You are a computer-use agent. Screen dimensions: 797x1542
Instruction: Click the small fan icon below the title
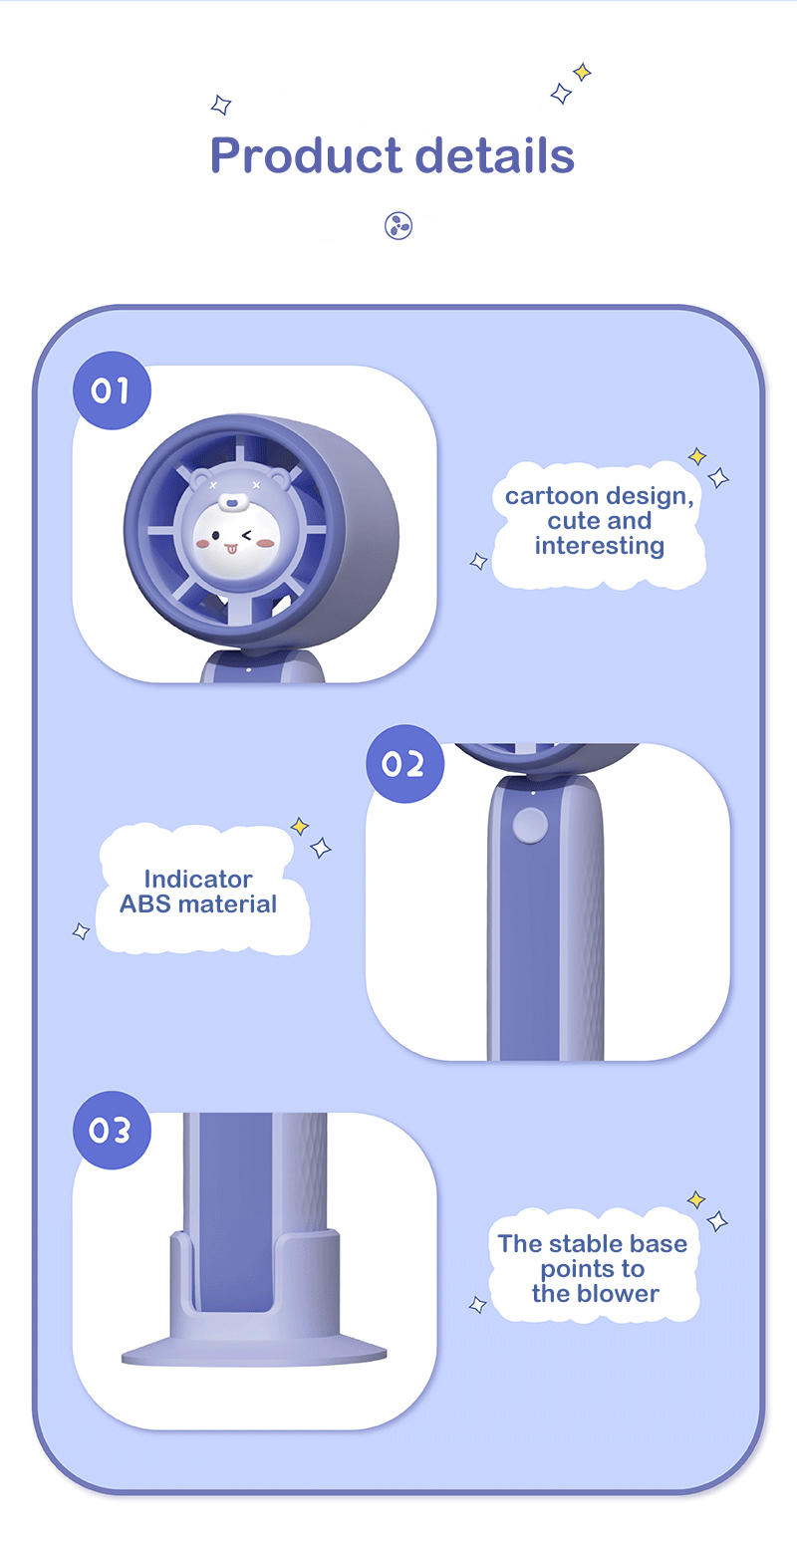tap(398, 225)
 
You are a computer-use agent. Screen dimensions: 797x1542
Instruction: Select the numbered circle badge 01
tap(112, 390)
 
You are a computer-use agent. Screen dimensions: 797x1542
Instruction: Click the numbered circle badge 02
tap(404, 763)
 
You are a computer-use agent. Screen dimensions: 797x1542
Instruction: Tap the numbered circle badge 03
tap(112, 1130)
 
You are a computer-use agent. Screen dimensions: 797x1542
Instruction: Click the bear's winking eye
tap(247, 535)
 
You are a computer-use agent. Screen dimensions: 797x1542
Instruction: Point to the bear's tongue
tap(231, 549)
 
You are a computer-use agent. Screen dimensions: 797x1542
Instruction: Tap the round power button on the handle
tap(530, 826)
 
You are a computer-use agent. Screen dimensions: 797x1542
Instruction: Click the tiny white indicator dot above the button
tap(533, 793)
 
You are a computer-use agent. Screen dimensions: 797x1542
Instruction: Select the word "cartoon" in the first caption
tap(551, 496)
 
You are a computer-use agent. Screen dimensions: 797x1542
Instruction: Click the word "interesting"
tap(600, 545)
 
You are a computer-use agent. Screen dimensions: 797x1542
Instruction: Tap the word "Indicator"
tap(198, 879)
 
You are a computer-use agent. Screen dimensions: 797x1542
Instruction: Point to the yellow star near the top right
tap(582, 72)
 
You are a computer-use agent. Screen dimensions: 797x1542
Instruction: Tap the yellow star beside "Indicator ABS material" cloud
tap(300, 826)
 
